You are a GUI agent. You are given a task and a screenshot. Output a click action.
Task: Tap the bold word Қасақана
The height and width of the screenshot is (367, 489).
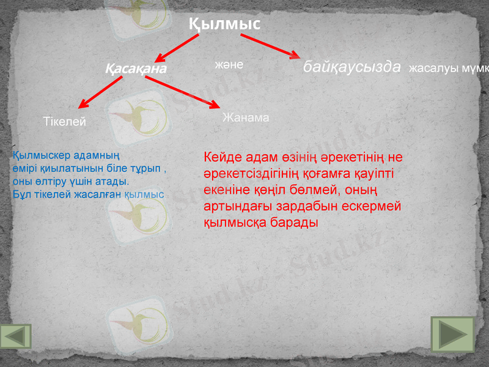pos(136,69)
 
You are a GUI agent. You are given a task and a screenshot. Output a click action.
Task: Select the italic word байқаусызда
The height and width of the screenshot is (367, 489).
pos(352,67)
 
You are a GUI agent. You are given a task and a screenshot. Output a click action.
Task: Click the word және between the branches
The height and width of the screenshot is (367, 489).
pos(229,64)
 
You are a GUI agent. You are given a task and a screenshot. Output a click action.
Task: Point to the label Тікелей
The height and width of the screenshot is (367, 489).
pos(64,122)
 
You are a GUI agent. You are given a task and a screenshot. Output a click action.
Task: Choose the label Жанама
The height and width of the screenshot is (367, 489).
pos(246,117)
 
